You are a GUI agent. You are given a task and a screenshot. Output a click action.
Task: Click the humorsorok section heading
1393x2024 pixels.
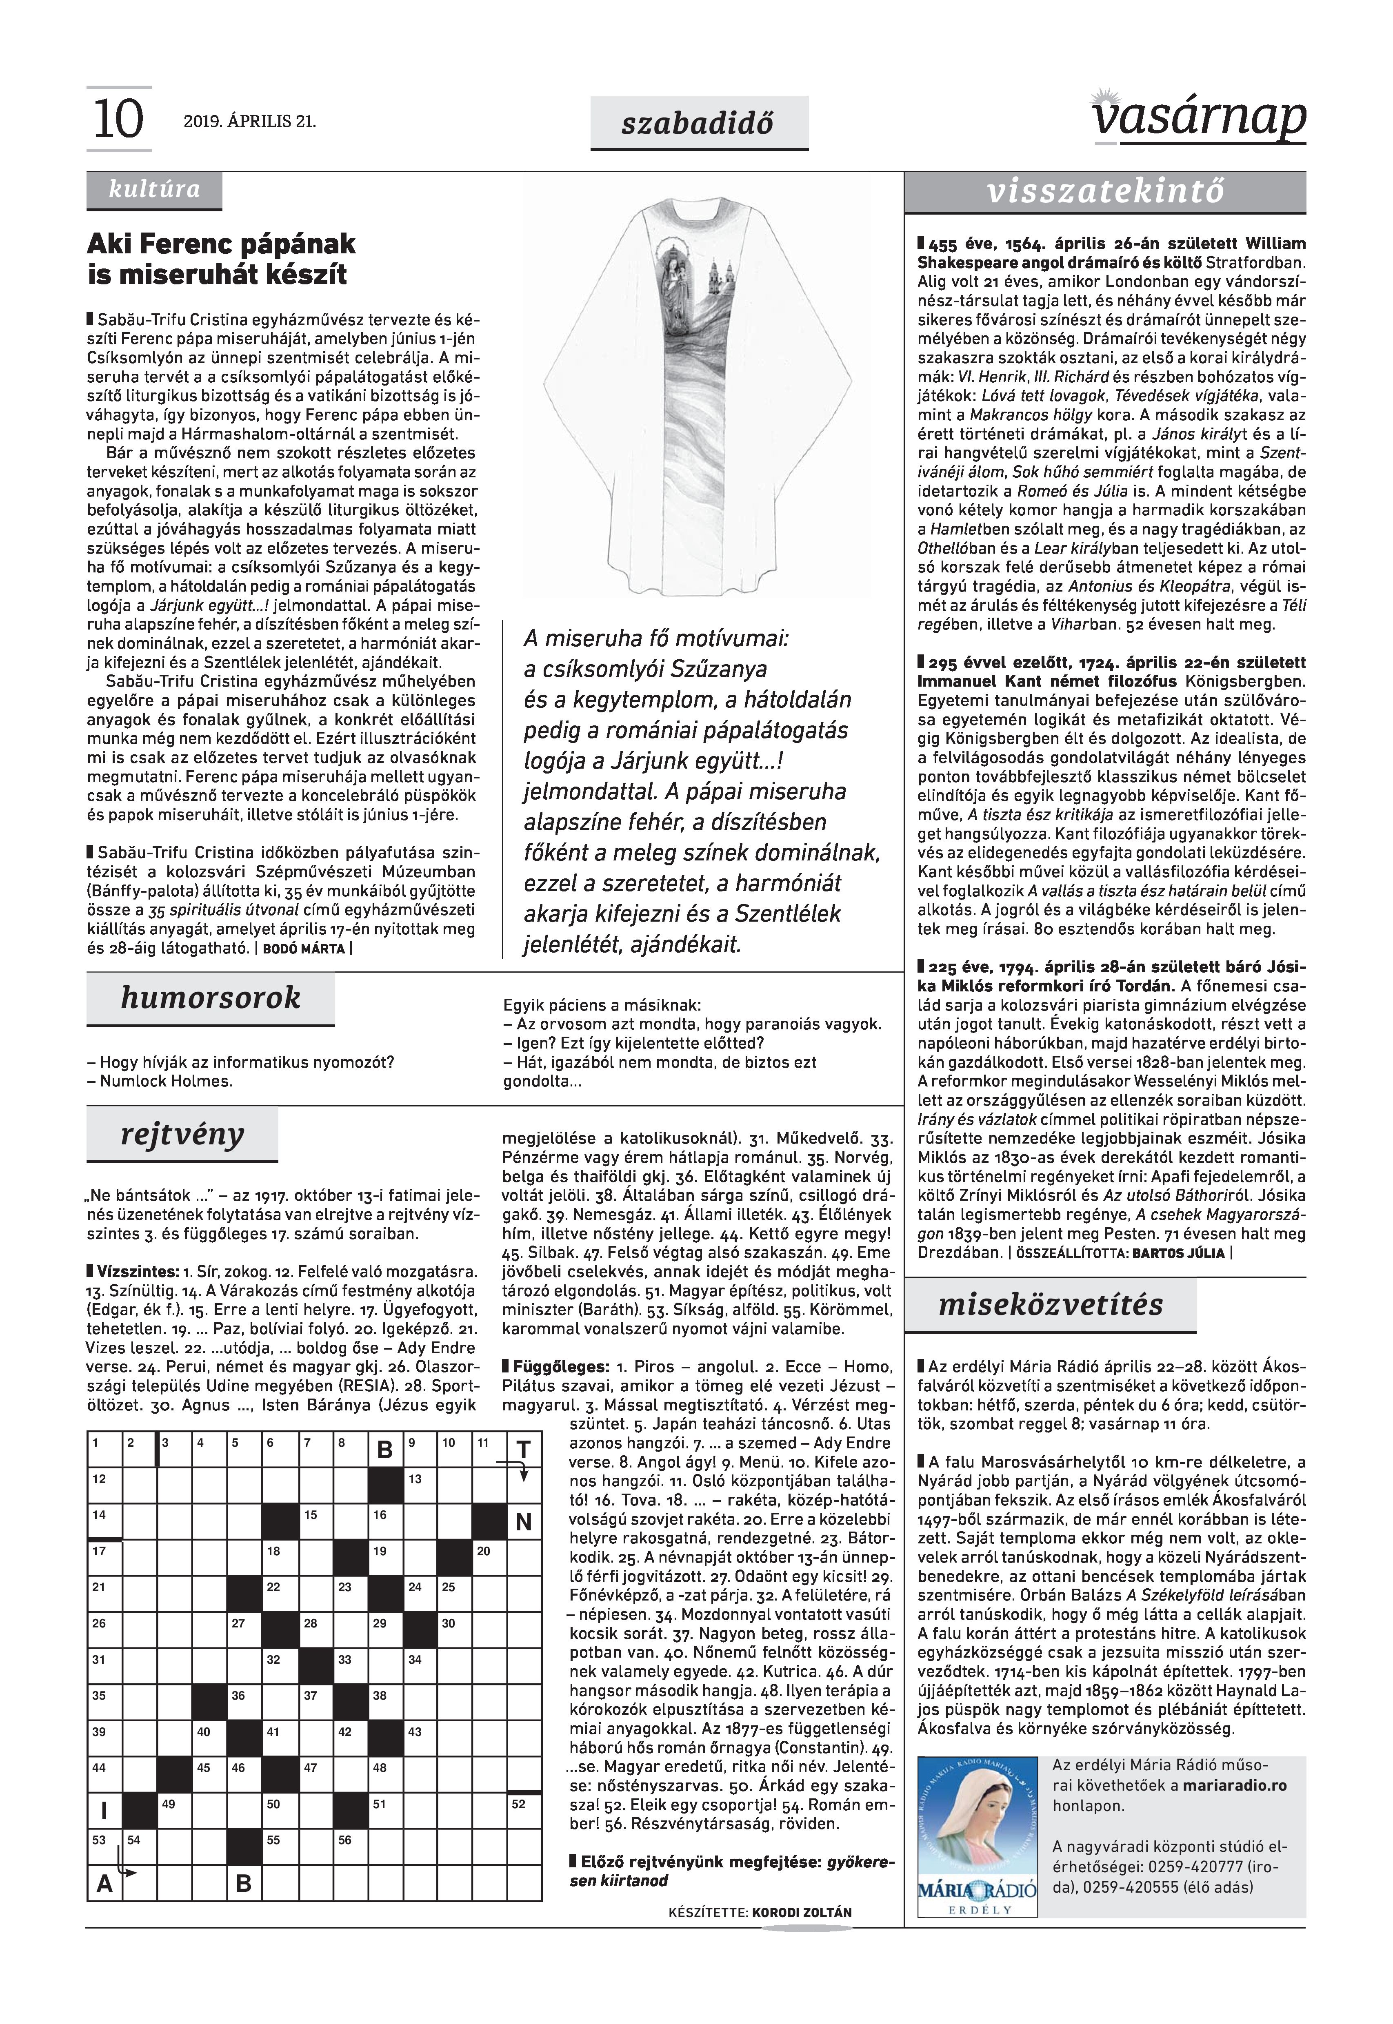click(x=210, y=998)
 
